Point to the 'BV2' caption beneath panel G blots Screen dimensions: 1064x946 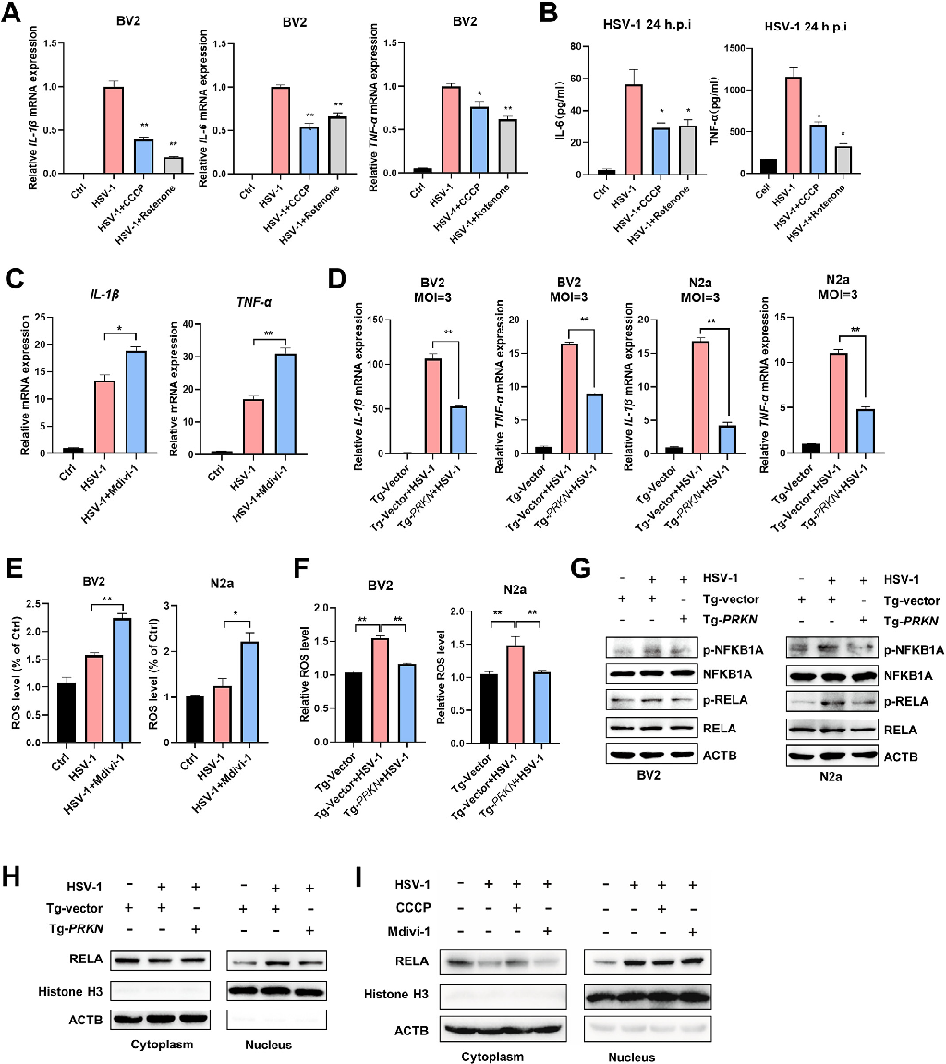click(661, 775)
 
